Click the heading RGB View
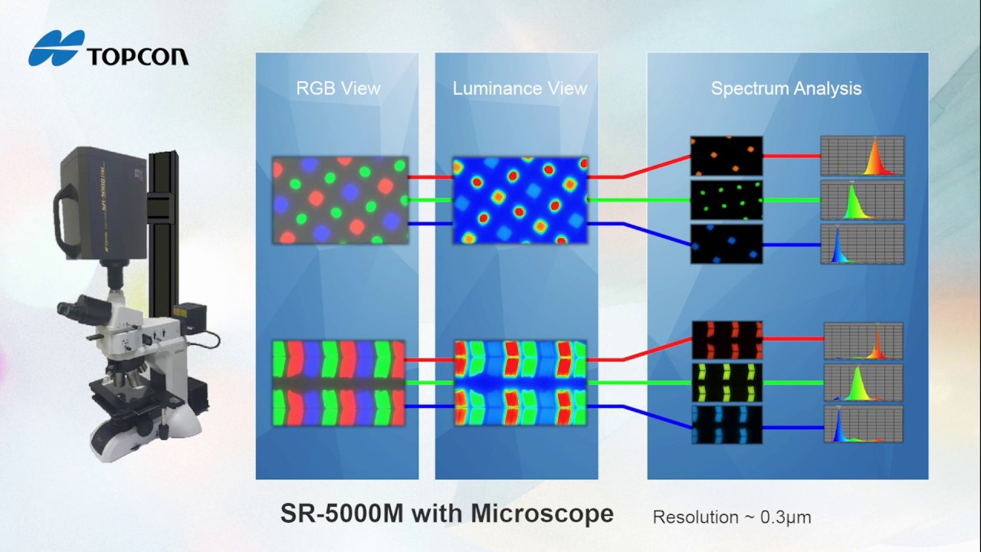coord(338,88)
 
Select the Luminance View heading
coord(520,88)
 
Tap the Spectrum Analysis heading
coord(786,88)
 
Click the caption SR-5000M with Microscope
coord(447,514)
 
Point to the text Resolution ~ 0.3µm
coord(731,517)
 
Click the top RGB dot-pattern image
coord(340,200)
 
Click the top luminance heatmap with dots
coord(520,200)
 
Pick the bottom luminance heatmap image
coord(520,383)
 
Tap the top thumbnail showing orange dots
coord(726,156)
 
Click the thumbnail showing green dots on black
coord(726,199)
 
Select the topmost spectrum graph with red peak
coord(862,156)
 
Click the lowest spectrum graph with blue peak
coord(863,424)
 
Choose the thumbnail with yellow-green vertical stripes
coord(727,383)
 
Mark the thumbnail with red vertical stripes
coord(727,340)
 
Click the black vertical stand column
coord(163,230)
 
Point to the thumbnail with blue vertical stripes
coord(727,425)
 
